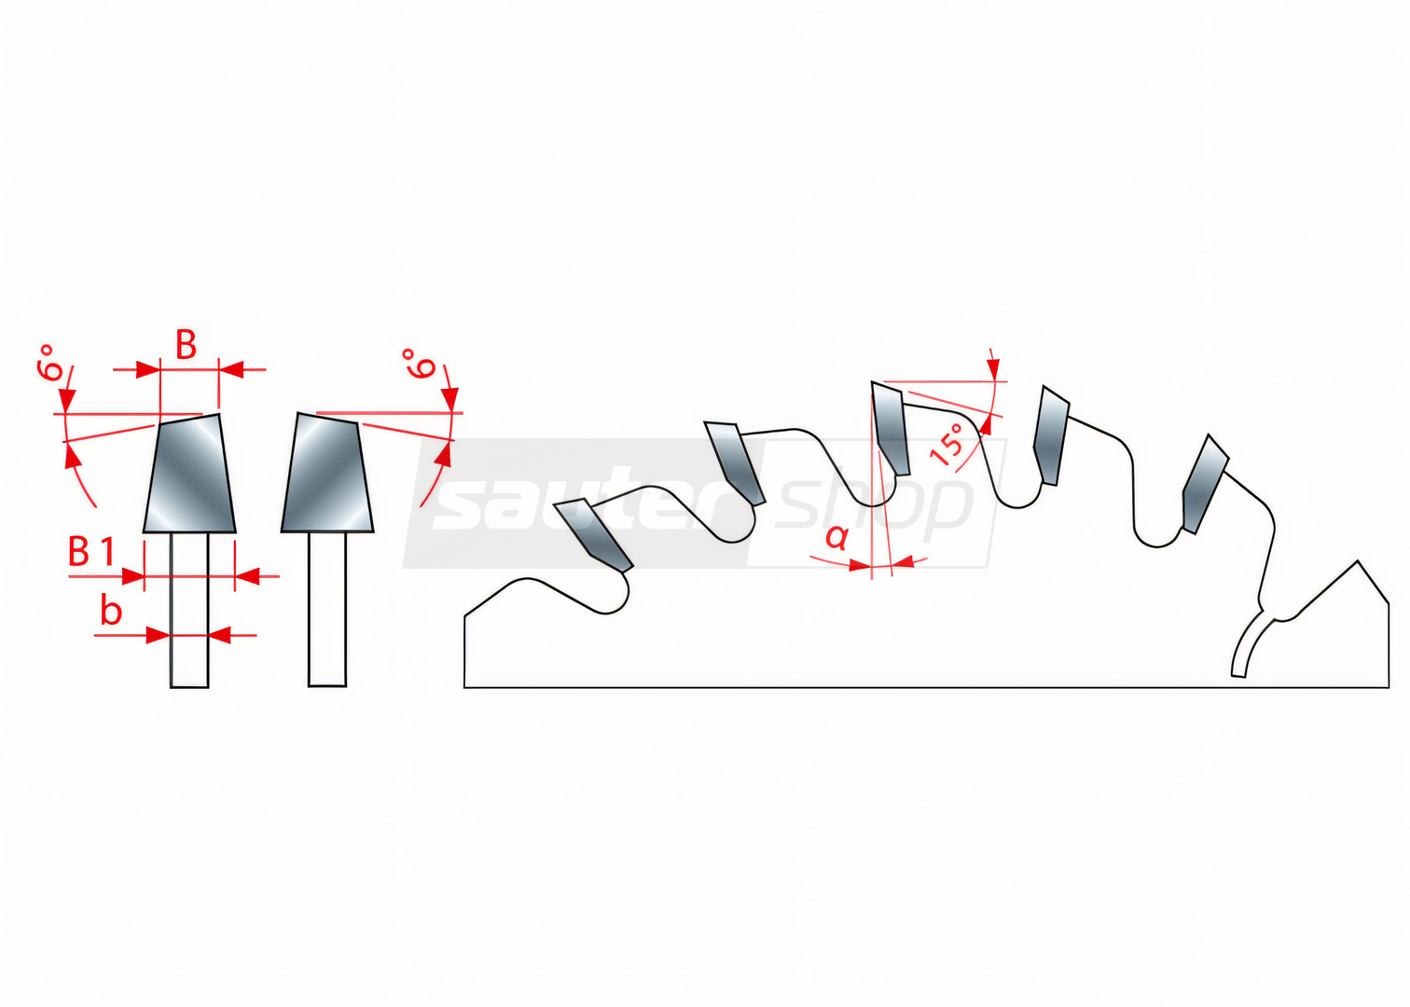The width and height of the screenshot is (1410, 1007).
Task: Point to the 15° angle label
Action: click(x=948, y=444)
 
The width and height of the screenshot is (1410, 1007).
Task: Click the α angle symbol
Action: click(x=836, y=537)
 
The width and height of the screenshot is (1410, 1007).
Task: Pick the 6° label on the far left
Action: click(x=51, y=363)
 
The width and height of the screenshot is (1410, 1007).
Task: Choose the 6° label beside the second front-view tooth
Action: click(x=420, y=364)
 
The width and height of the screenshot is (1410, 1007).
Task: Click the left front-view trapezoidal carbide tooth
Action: click(x=189, y=474)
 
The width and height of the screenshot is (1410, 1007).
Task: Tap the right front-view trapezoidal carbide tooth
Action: click(x=326, y=473)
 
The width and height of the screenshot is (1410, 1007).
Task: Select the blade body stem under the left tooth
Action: click(x=189, y=610)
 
